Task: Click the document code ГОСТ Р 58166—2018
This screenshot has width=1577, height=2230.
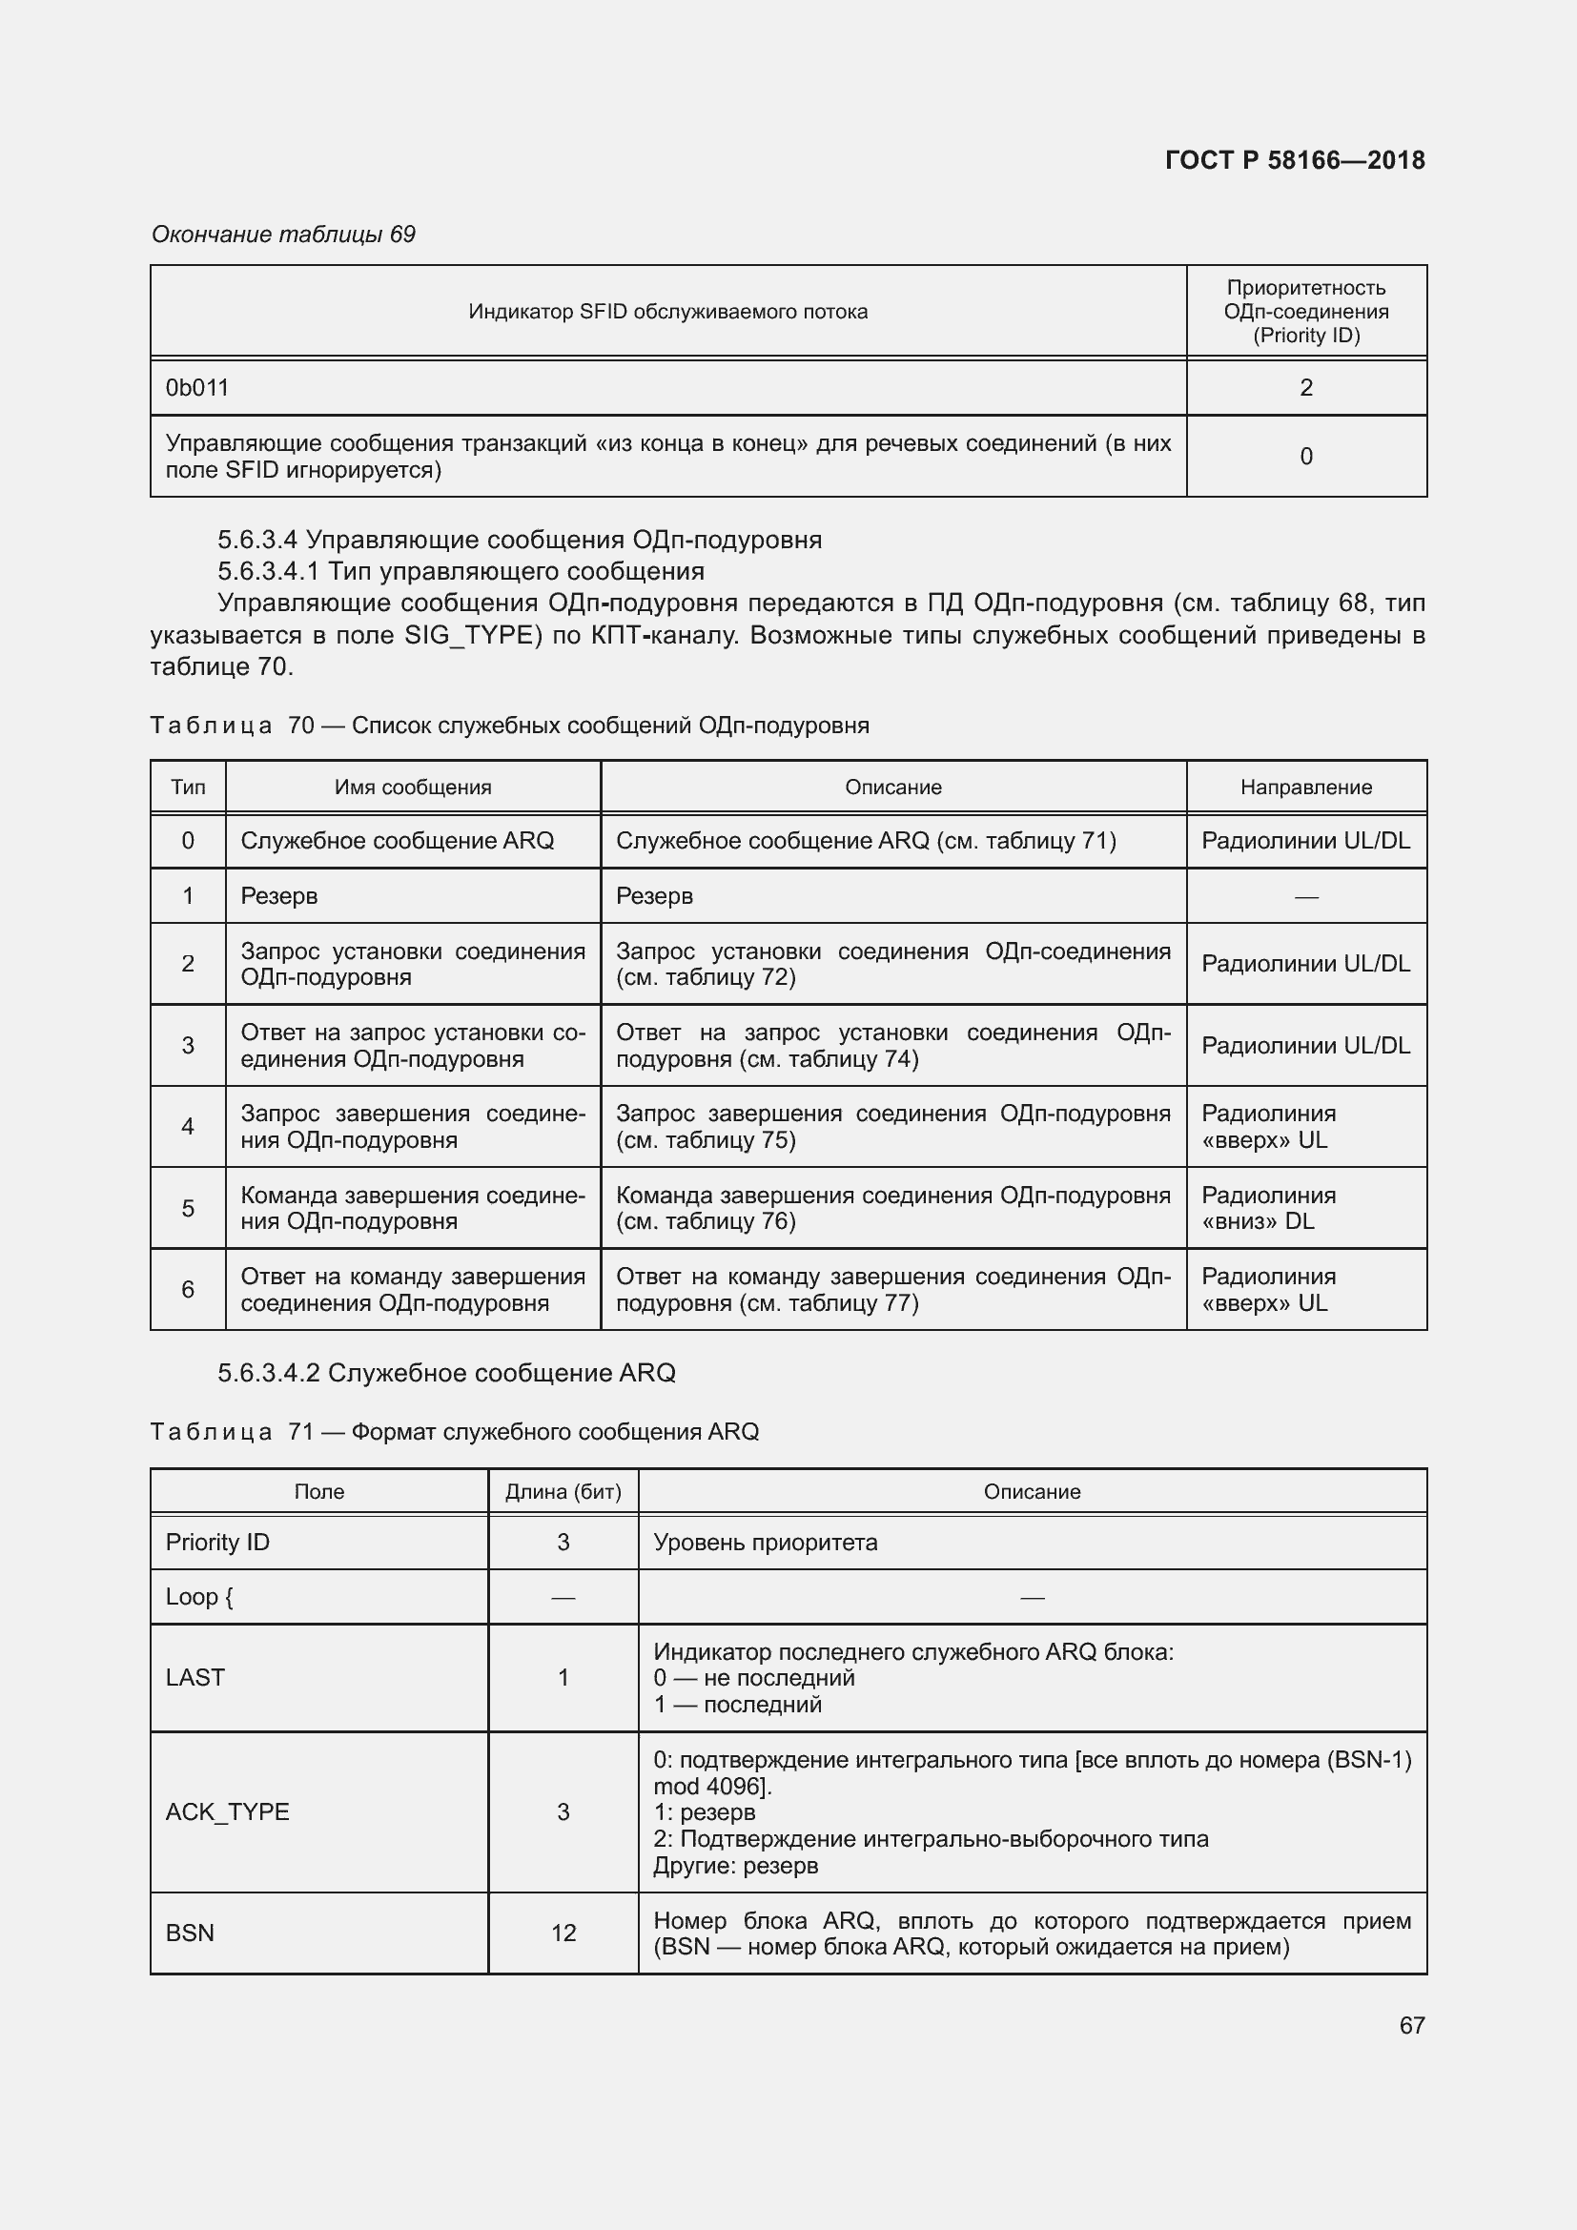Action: pyautogui.click(x=1295, y=160)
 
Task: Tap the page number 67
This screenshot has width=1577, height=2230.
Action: pyautogui.click(x=1412, y=2024)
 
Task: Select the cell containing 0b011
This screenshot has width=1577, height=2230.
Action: pyautogui.click(x=197, y=387)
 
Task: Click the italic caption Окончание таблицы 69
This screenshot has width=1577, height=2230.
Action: pyautogui.click(x=283, y=235)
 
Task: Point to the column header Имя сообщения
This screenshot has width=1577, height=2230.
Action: pyautogui.click(x=413, y=787)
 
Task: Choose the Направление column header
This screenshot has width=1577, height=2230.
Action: pyautogui.click(x=1305, y=787)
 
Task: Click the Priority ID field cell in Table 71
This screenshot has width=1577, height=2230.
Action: pyautogui.click(x=217, y=1542)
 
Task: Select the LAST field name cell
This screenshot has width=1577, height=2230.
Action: pyautogui.click(x=195, y=1676)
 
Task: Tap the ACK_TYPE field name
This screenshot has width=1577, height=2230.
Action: pyautogui.click(x=227, y=1811)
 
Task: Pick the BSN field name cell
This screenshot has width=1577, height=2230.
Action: pyautogui.click(x=191, y=1933)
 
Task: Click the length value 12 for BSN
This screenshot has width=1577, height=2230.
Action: pyautogui.click(x=563, y=1933)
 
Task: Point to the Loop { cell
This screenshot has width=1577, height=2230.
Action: pyautogui.click(x=199, y=1596)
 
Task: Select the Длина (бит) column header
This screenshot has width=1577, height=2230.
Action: pyautogui.click(x=563, y=1491)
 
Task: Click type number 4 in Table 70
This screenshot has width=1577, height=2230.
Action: pyautogui.click(x=188, y=1126)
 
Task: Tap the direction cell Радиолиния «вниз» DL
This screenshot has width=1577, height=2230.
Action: pyautogui.click(x=1268, y=1207)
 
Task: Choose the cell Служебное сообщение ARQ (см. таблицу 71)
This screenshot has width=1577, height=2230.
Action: pyautogui.click(x=866, y=840)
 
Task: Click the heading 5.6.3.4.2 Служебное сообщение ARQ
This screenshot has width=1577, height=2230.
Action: pyautogui.click(x=446, y=1372)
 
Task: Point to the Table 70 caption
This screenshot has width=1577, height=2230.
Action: pyautogui.click(x=510, y=726)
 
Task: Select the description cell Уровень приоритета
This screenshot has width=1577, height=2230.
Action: pyautogui.click(x=766, y=1542)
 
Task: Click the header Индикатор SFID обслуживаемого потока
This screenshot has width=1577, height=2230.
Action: pyautogui.click(x=668, y=312)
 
